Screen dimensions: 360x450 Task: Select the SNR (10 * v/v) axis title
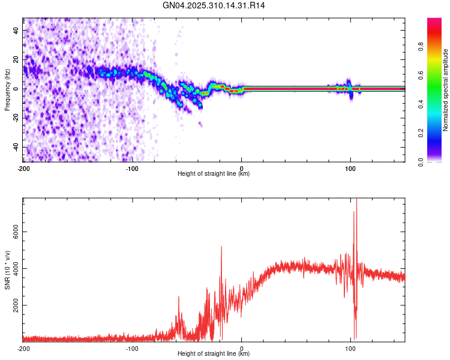coord(8,270)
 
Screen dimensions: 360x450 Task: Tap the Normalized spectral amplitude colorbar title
coord(446,90)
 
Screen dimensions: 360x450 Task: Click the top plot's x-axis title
coord(214,174)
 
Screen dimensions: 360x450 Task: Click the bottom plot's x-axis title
coord(214,354)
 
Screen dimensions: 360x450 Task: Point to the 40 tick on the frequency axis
coord(17,30)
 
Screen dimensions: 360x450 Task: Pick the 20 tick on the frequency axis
coord(17,59)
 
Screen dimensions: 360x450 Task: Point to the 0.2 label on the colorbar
coord(438,133)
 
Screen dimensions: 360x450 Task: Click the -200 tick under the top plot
coord(23,168)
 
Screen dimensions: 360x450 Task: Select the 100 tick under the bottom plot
coord(350,348)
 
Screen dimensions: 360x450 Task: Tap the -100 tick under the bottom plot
coord(133,348)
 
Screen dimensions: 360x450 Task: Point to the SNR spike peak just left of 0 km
coord(221,247)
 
